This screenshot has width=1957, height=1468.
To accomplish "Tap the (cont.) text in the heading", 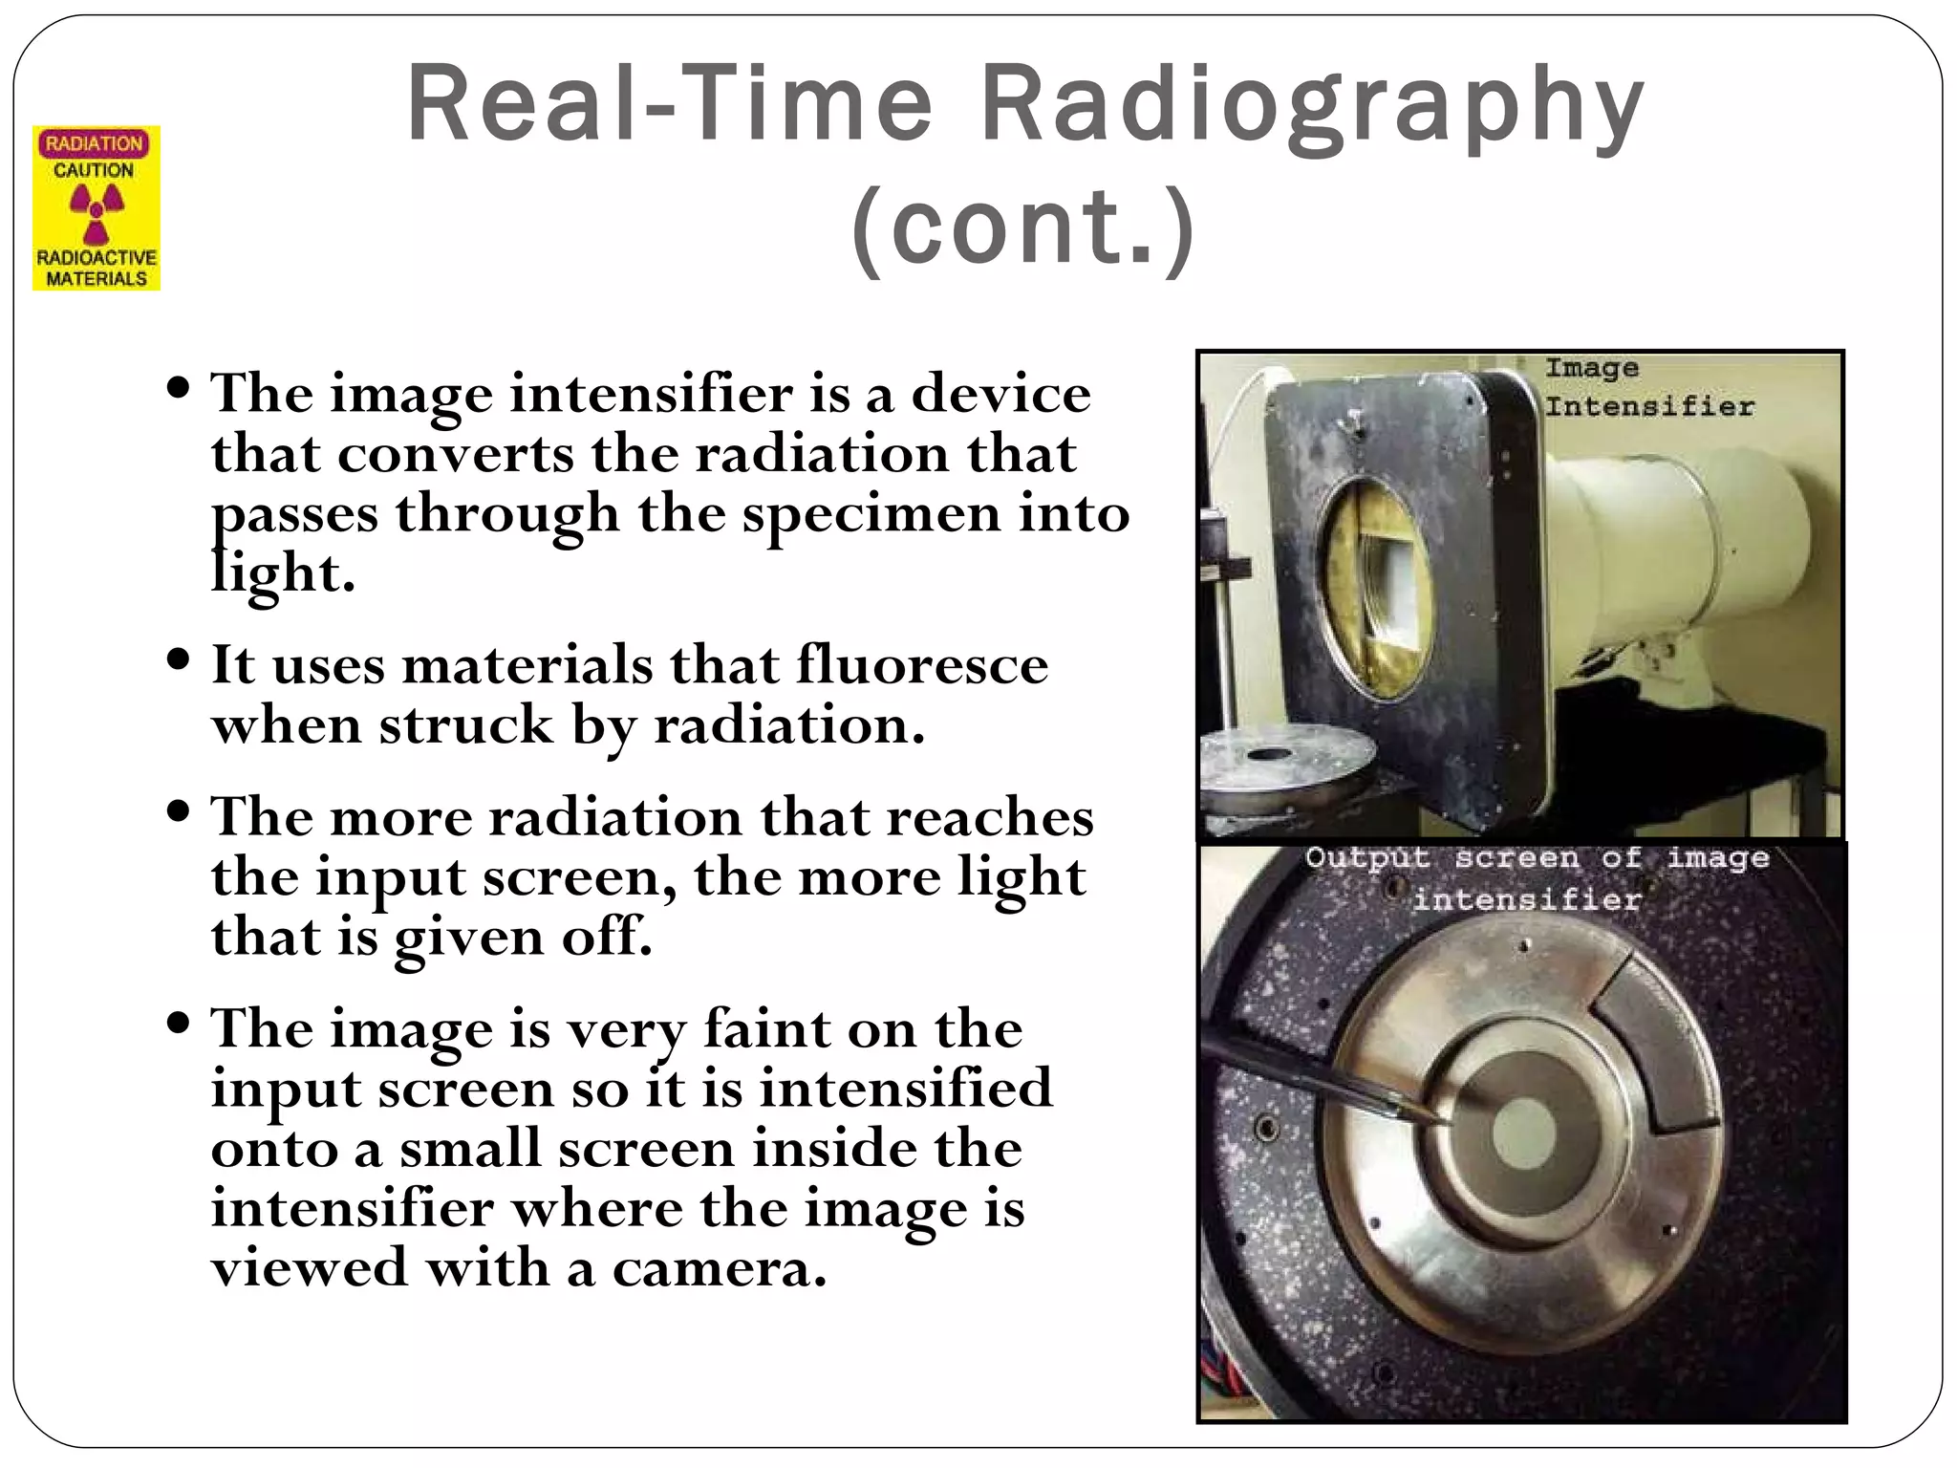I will tap(1023, 229).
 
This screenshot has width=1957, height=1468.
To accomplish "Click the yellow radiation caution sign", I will tap(97, 208).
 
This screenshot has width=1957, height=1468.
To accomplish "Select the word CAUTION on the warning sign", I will tap(94, 170).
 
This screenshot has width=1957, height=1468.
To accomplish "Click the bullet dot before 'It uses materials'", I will tap(178, 658).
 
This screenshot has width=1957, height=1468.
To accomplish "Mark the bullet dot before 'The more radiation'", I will tap(178, 811).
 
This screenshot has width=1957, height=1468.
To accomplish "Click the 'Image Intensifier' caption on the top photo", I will tap(1648, 387).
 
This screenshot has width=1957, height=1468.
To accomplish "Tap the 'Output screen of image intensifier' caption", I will tap(1536, 877).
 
